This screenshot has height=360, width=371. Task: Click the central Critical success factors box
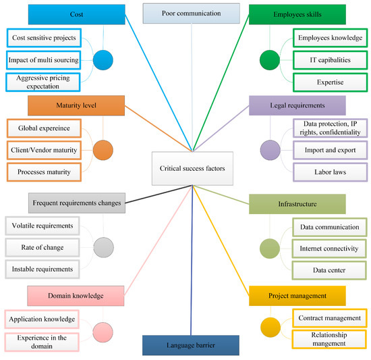click(193, 168)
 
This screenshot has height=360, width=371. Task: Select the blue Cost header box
click(77, 14)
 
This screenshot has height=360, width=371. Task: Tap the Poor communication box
click(191, 13)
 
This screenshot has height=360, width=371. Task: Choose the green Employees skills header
click(296, 14)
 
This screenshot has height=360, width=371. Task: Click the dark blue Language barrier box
click(190, 344)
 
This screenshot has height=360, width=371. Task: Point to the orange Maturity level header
click(76, 105)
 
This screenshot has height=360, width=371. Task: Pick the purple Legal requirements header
click(297, 105)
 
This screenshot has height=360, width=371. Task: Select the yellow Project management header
click(297, 295)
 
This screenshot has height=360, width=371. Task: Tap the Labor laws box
click(330, 171)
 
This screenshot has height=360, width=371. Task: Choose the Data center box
click(330, 269)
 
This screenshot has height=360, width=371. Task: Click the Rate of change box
click(42, 247)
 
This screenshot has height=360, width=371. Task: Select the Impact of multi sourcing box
click(42, 60)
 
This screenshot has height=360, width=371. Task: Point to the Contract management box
click(330, 318)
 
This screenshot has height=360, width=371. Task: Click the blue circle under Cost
click(103, 59)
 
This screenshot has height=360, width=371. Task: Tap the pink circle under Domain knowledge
click(103, 331)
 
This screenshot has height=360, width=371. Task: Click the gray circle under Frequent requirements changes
click(103, 247)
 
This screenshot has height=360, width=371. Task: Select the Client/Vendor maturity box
click(42, 149)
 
